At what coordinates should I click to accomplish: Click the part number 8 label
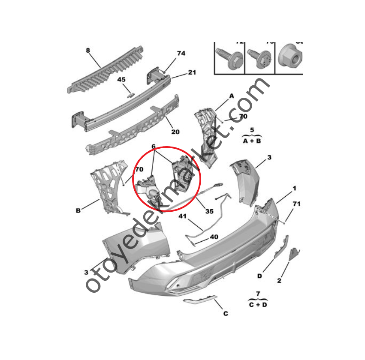(88, 50)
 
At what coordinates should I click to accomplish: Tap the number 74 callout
(181, 54)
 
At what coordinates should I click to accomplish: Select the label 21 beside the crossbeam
(192, 72)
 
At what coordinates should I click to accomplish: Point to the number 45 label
(122, 80)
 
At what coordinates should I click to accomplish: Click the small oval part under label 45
(132, 94)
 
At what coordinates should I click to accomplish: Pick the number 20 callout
(175, 132)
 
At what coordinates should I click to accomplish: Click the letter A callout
(232, 96)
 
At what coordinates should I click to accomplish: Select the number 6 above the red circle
(154, 147)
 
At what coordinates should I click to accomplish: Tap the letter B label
(78, 210)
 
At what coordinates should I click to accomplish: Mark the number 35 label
(209, 211)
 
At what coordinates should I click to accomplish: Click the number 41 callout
(183, 217)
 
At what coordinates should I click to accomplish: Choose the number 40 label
(214, 237)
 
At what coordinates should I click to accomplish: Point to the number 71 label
(296, 204)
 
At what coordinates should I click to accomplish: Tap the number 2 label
(279, 281)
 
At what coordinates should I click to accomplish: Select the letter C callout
(226, 314)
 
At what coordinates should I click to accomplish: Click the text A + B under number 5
(251, 140)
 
